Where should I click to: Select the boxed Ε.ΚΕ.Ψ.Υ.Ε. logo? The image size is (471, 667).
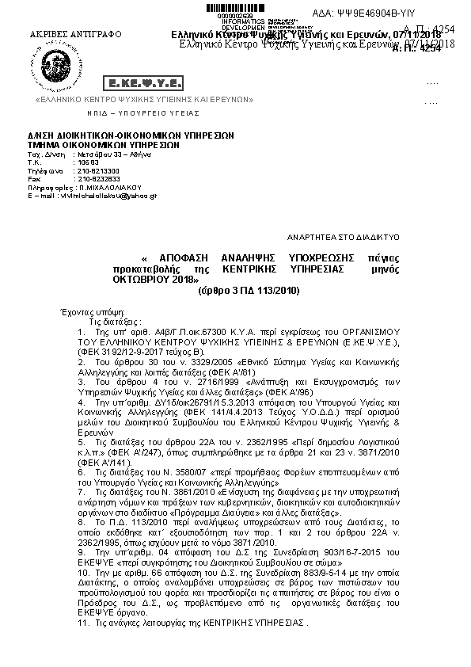142,83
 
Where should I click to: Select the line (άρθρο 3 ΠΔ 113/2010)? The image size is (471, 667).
249,292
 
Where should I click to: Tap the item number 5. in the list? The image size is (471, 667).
82,440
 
